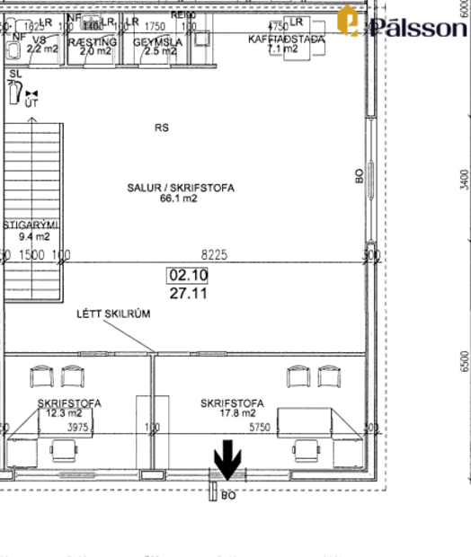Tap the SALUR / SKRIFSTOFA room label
pyautogui.click(x=180, y=188)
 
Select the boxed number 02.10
pyautogui.click(x=188, y=276)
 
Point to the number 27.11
pyautogui.click(x=188, y=292)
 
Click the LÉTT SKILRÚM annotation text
pyautogui.click(x=113, y=314)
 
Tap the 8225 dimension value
pyautogui.click(x=214, y=256)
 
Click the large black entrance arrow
pyautogui.click(x=227, y=460)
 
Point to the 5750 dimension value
pyautogui.click(x=259, y=428)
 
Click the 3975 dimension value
pyautogui.click(x=78, y=428)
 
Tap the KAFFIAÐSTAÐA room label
pyautogui.click(x=286, y=40)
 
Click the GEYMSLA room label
pyautogui.click(x=158, y=41)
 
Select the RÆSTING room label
pyautogui.click(x=98, y=41)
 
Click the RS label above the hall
pyautogui.click(x=161, y=128)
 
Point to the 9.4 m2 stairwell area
pyautogui.click(x=34, y=236)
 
